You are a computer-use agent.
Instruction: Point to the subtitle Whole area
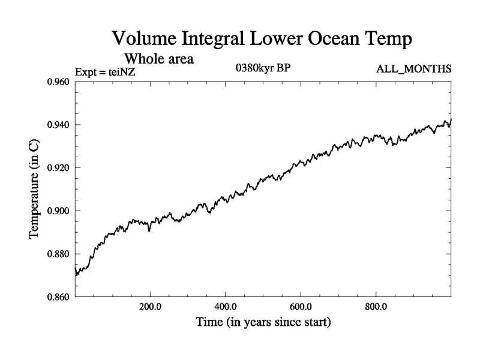tap(159, 59)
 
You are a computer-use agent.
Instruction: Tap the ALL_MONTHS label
tap(413, 69)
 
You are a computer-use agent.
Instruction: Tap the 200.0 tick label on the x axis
tap(150, 307)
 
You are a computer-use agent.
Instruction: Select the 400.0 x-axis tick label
tap(225, 307)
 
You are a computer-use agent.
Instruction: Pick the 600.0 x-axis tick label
tap(301, 307)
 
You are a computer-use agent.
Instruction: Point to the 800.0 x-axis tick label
tap(376, 307)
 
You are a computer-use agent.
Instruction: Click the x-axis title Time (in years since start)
tap(263, 323)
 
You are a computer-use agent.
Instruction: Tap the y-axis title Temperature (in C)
tap(34, 189)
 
